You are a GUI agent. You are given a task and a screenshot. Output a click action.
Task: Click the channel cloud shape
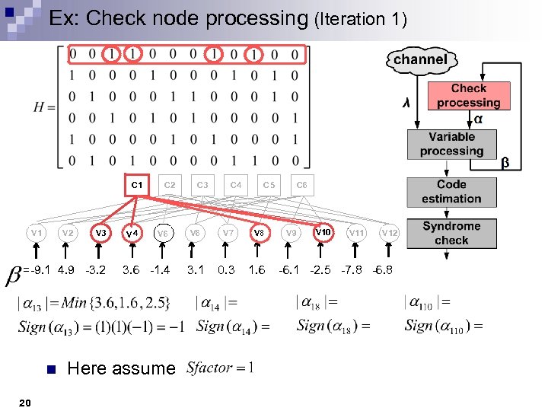(x=419, y=59)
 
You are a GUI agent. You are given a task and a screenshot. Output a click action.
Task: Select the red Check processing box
(x=469, y=96)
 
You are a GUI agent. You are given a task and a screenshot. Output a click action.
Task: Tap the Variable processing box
(x=451, y=144)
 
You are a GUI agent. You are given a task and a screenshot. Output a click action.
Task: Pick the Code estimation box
(x=451, y=192)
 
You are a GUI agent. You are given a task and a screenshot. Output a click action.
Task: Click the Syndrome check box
(x=451, y=233)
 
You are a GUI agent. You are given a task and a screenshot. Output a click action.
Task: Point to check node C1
(x=136, y=184)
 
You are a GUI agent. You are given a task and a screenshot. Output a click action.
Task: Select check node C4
(x=236, y=184)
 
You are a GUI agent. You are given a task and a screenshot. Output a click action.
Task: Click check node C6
(x=301, y=184)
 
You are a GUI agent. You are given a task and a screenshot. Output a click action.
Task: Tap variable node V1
(x=35, y=231)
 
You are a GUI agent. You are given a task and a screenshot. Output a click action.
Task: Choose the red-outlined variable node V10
(x=323, y=231)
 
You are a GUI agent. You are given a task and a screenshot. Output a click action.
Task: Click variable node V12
(x=389, y=231)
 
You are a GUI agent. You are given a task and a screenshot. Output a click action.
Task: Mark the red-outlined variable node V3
(x=100, y=231)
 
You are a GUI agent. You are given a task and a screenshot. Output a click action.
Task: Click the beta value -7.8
(x=352, y=269)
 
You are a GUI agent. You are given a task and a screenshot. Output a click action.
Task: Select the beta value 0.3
(x=226, y=269)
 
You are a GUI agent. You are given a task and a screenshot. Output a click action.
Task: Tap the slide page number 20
(x=25, y=402)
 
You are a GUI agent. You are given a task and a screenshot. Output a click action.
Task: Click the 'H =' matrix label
(x=44, y=107)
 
